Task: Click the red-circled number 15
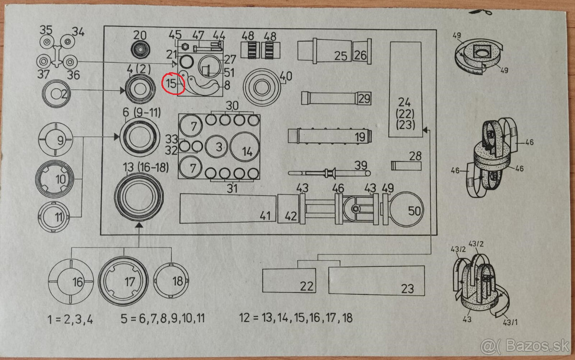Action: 172,83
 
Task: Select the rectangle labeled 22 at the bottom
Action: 289,280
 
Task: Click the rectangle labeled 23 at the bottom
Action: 376,280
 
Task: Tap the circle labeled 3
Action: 218,147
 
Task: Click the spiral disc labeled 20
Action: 140,49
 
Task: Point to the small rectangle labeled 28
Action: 406,165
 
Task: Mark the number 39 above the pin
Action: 360,165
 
